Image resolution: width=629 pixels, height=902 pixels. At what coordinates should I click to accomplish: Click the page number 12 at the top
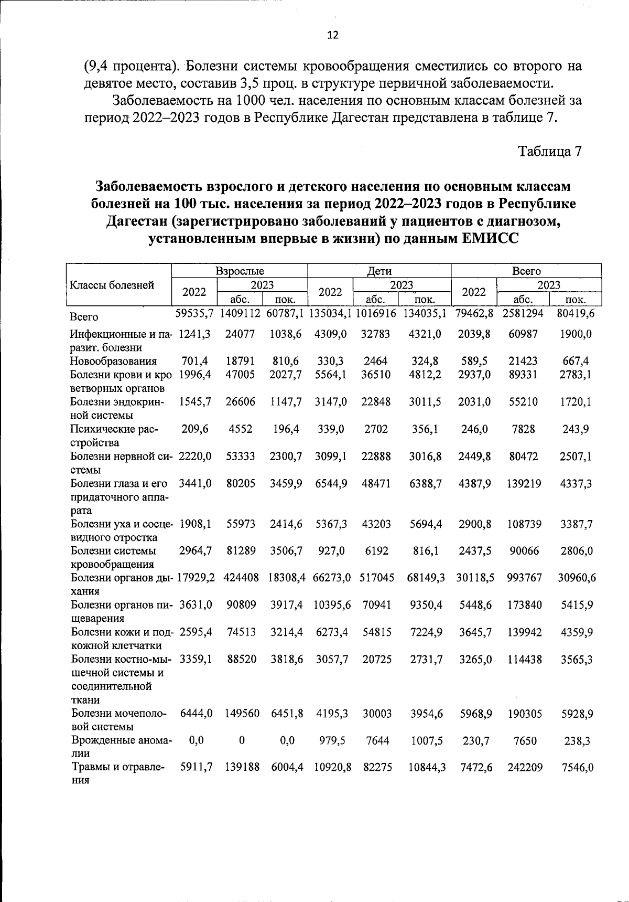tap(333, 35)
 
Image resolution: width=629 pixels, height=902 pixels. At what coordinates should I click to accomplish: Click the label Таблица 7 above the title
tap(549, 152)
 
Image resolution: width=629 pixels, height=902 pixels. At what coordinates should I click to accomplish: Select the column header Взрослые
tap(240, 271)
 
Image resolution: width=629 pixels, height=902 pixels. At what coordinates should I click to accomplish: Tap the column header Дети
tap(379, 271)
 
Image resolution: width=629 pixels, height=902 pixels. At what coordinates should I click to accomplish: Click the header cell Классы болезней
tap(112, 285)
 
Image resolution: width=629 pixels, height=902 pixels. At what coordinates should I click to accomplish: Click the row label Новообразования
tap(114, 361)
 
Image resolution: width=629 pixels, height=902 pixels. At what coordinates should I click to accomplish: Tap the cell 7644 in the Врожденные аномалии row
tap(376, 740)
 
